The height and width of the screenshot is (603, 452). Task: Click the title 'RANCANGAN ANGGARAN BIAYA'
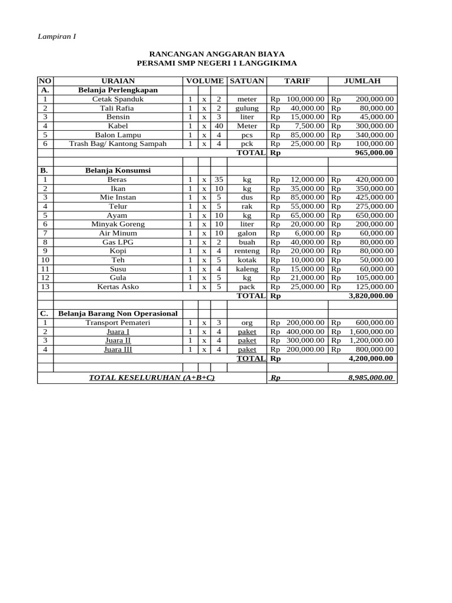tap(217, 54)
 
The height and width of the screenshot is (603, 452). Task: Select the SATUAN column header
tap(247, 81)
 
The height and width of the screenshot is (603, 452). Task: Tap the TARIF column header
tap(297, 81)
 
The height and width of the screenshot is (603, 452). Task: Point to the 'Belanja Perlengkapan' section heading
tap(118, 90)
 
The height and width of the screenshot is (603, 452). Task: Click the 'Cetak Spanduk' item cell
tap(118, 100)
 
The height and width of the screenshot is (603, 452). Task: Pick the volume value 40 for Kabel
tap(218, 126)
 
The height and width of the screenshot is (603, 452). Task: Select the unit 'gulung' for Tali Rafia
tap(247, 108)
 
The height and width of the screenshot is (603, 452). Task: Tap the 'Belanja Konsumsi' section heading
tap(118, 171)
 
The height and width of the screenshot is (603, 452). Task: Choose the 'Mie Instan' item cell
tap(118, 197)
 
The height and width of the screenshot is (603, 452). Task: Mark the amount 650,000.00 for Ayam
tap(375, 216)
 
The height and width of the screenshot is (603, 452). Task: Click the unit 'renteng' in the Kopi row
tap(247, 251)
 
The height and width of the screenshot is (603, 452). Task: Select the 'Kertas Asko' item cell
tap(118, 287)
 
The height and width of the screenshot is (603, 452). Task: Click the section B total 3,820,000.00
tap(371, 296)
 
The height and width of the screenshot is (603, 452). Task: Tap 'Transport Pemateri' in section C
tap(118, 323)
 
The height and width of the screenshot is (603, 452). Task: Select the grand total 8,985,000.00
tap(370, 377)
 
